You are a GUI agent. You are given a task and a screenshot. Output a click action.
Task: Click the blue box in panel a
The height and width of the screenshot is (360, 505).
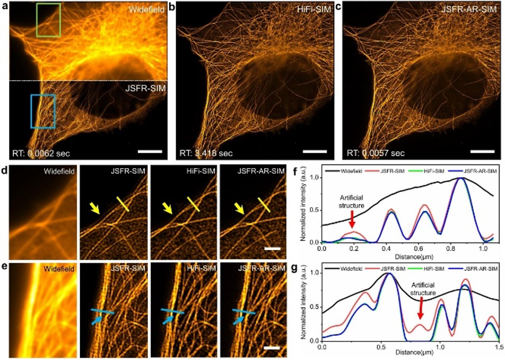pyautogui.click(x=43, y=111)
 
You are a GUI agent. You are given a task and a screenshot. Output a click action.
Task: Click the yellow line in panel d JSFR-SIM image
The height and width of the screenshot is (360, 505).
pyautogui.click(x=124, y=204)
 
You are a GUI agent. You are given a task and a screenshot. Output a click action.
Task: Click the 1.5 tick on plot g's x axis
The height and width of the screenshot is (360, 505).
pyautogui.click(x=498, y=347)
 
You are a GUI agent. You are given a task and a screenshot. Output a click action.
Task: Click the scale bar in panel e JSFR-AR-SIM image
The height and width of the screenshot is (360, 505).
pyautogui.click(x=273, y=348)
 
